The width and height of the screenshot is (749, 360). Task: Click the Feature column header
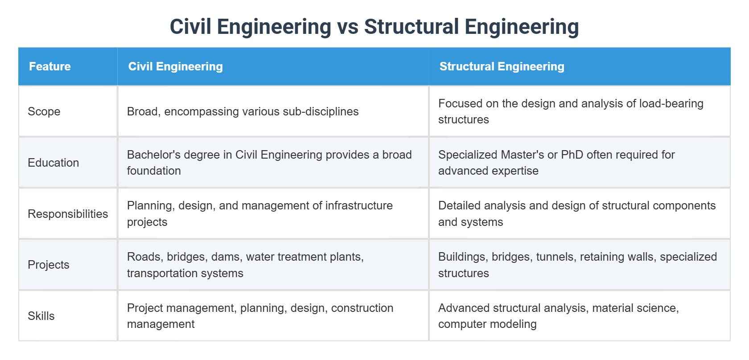coord(50,67)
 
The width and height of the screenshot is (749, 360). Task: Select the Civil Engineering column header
coord(175,67)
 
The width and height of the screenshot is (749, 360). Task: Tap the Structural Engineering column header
coord(502,67)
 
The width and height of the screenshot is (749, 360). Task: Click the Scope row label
coord(44,111)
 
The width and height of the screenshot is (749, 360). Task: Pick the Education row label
coord(53,163)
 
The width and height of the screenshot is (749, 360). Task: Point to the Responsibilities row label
coord(68,214)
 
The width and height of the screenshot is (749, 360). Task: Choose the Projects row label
coord(49,265)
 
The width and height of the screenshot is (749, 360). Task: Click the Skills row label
coord(41,316)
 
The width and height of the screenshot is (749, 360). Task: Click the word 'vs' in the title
coord(348,27)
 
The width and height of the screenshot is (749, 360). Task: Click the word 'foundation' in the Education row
coord(154,171)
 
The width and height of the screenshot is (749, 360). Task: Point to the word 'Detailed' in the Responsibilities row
coord(459,205)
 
